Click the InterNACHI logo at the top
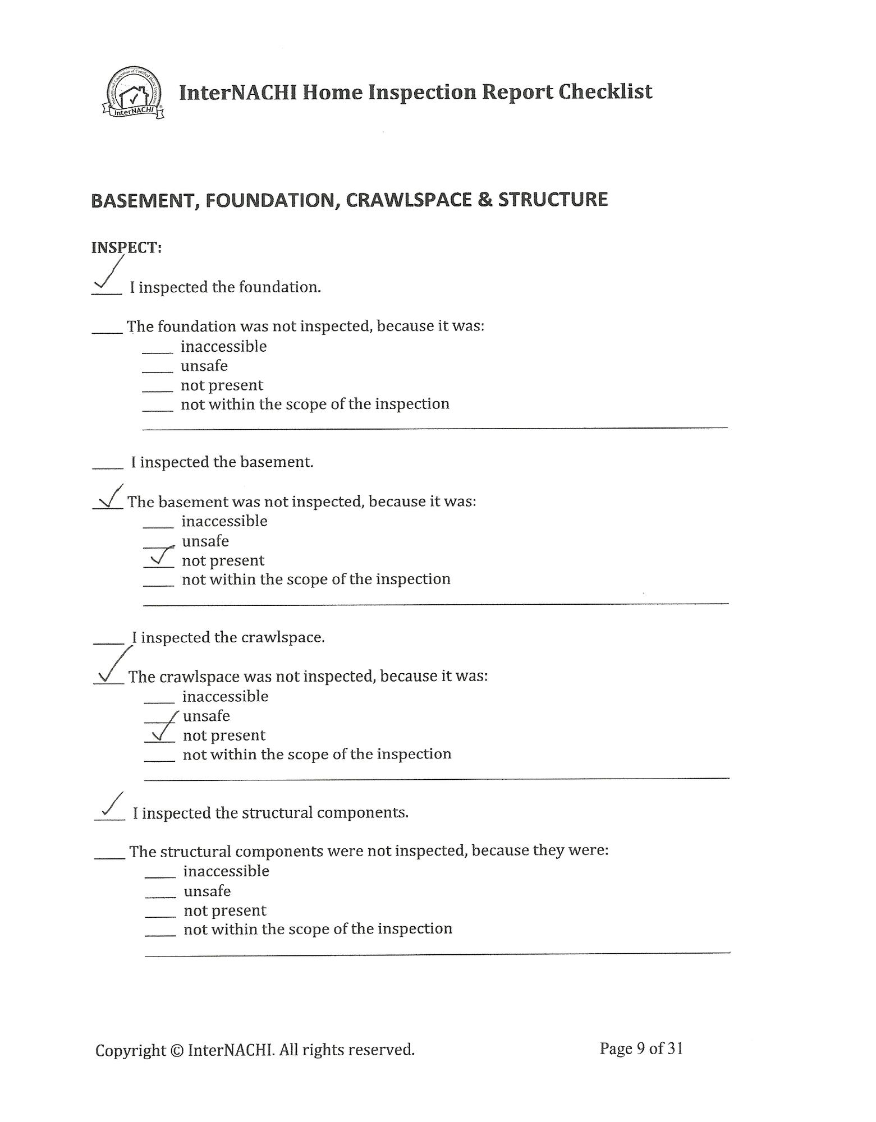tap(134, 93)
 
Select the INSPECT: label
tap(126, 247)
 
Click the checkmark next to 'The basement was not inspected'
tap(110, 497)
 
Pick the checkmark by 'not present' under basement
tap(159, 557)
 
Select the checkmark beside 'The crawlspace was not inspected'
tap(112, 668)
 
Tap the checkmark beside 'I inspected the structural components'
tap(111, 808)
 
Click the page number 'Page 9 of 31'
tap(641, 1049)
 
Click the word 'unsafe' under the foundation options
tap(204, 366)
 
